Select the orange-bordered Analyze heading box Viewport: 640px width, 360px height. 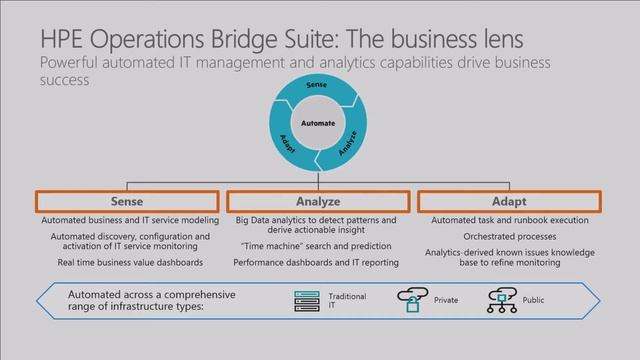pyautogui.click(x=318, y=201)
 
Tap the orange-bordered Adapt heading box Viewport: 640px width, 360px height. pyautogui.click(x=507, y=201)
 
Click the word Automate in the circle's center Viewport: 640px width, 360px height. pyautogui.click(x=319, y=123)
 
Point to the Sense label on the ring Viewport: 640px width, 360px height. pyautogui.click(x=317, y=88)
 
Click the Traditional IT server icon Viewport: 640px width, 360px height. pyautogui.click(x=305, y=299)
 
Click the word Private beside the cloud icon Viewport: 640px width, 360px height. pyautogui.click(x=446, y=299)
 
